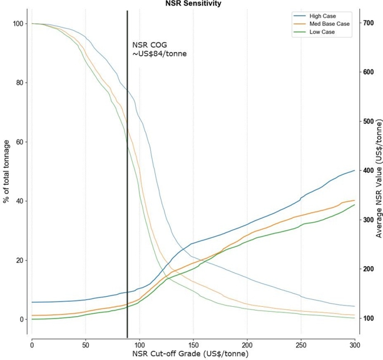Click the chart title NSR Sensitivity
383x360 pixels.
193,3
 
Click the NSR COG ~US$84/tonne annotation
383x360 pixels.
160,49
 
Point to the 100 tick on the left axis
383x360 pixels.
18,24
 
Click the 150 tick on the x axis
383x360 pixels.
193,346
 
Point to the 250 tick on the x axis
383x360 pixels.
301,346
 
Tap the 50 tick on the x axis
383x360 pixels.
86,346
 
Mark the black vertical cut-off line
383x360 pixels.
127,174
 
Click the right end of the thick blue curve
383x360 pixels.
355,170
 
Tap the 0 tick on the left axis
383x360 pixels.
21,319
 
